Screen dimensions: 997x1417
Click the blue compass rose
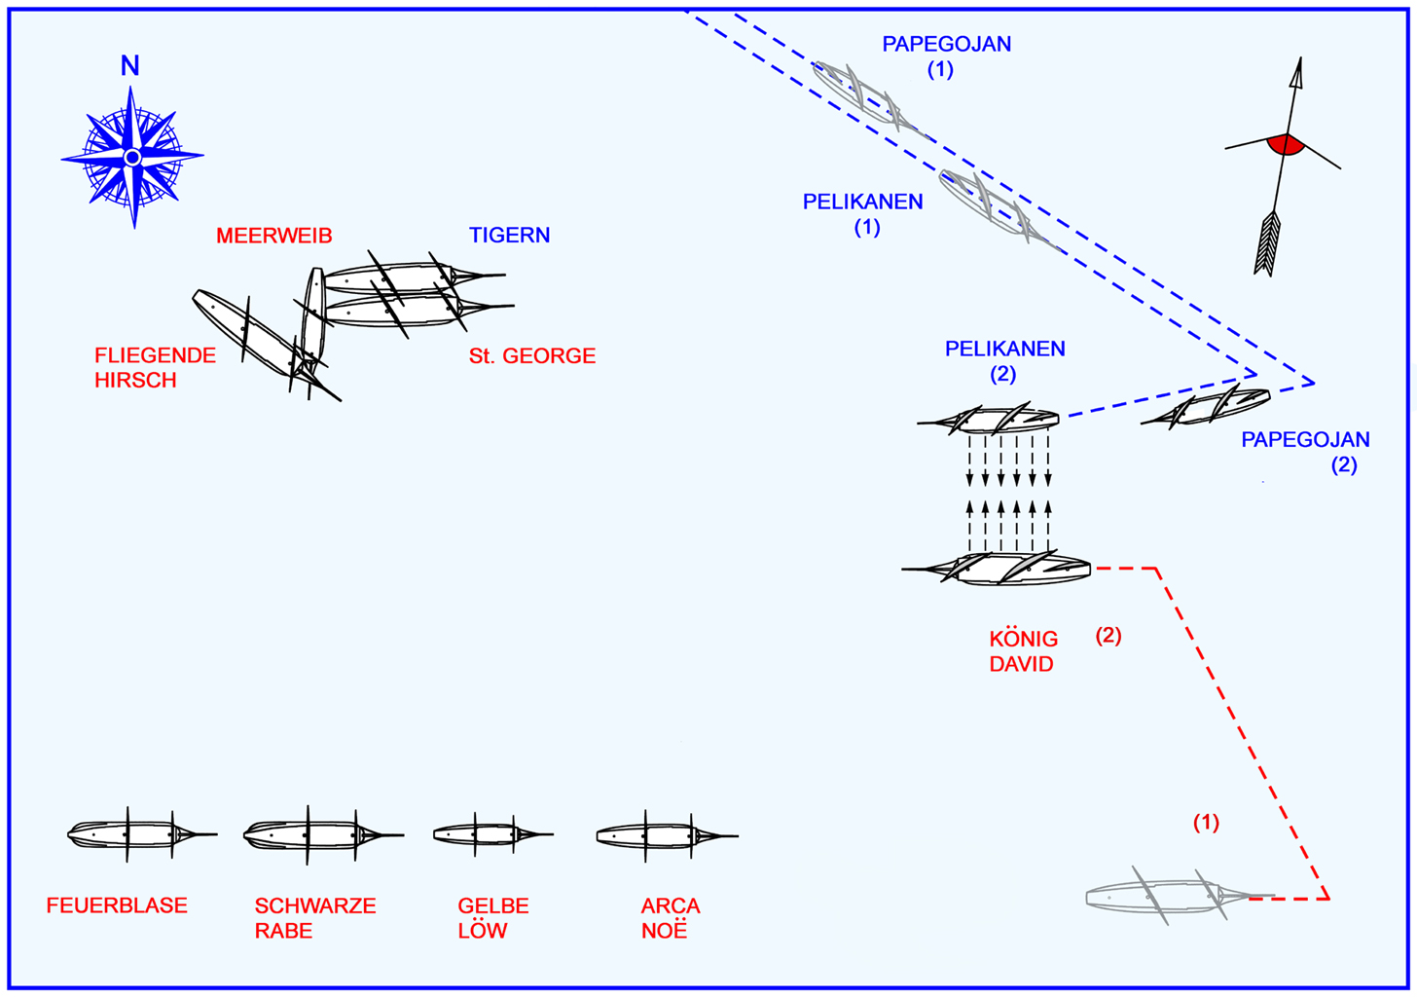click(x=132, y=157)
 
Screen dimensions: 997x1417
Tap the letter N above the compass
click(x=129, y=66)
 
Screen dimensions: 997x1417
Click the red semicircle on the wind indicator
click(x=1286, y=145)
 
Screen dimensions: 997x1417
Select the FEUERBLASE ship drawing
click(x=136, y=834)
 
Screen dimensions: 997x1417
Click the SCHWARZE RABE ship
click(x=316, y=834)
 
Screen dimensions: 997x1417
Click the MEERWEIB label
click(x=274, y=236)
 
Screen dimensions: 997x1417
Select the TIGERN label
click(x=509, y=236)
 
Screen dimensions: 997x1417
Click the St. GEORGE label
click(x=532, y=356)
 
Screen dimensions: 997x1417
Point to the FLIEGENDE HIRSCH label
click(x=155, y=368)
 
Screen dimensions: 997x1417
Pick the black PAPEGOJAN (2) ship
click(x=1212, y=406)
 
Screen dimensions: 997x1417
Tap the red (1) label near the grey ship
click(x=1206, y=823)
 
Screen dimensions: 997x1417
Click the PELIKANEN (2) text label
click(x=1004, y=360)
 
